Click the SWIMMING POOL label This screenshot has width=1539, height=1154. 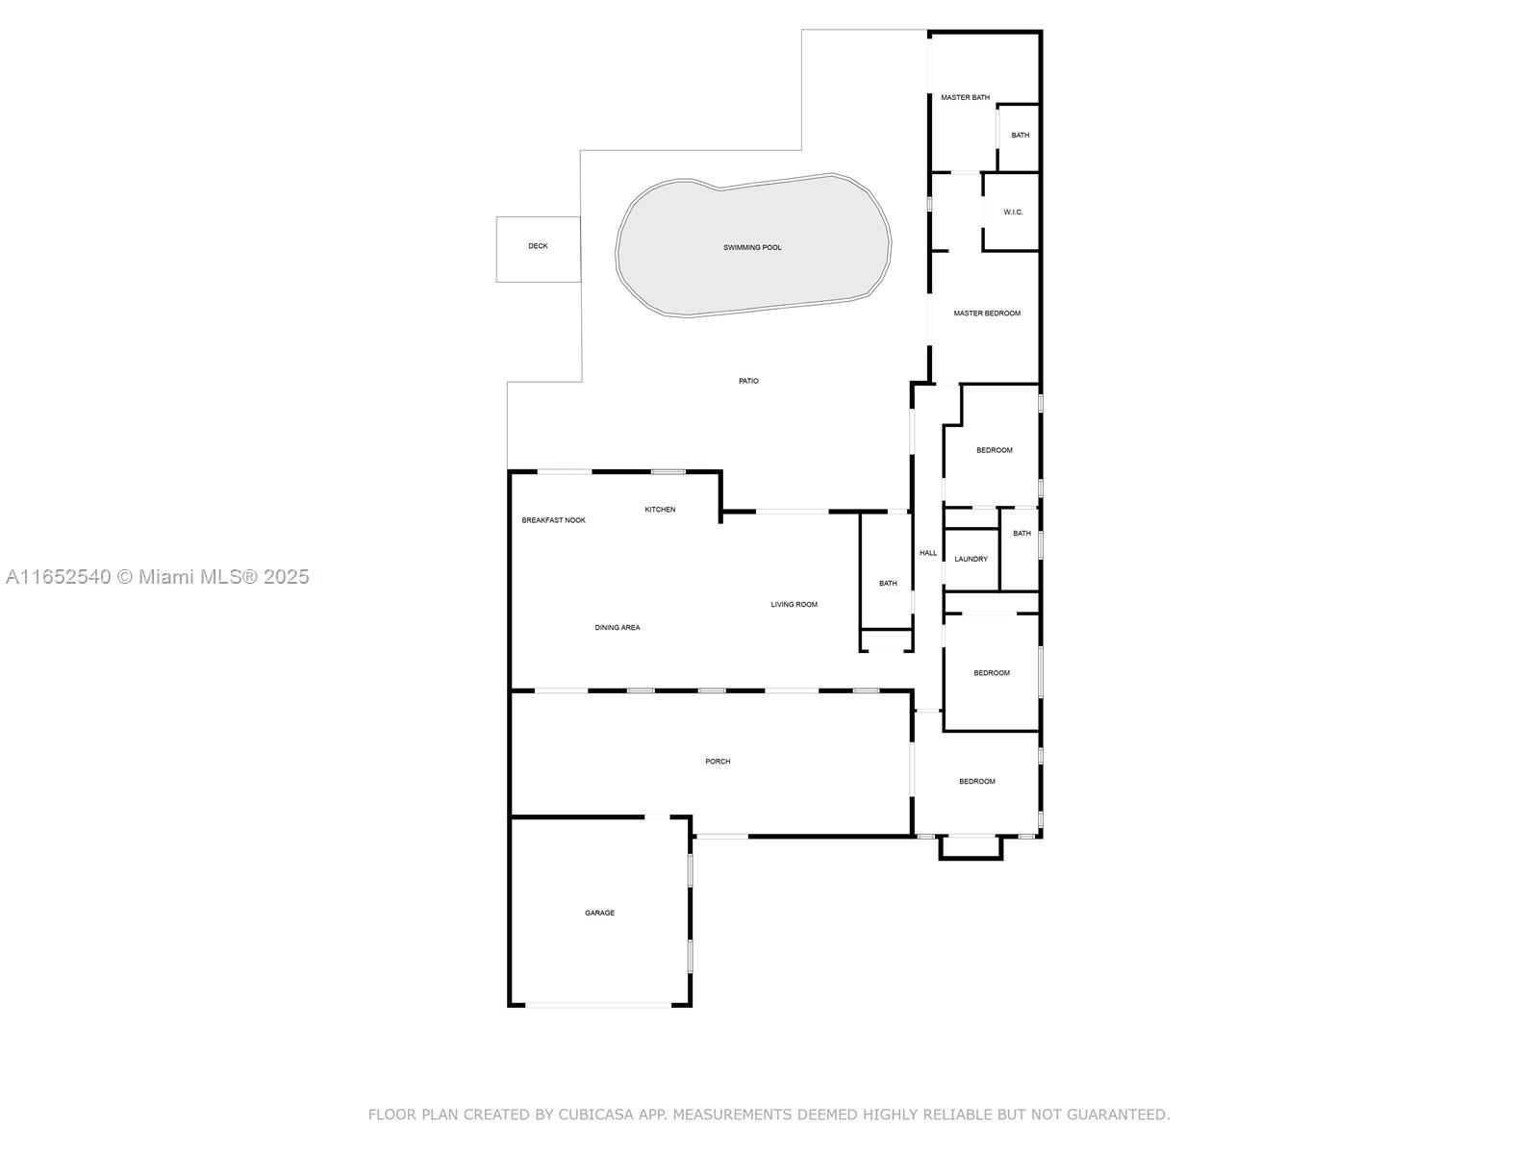pyautogui.click(x=751, y=247)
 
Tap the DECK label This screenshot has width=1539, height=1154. pyautogui.click(x=538, y=246)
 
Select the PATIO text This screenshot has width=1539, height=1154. pyautogui.click(x=748, y=381)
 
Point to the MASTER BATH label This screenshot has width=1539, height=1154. pyautogui.click(x=965, y=97)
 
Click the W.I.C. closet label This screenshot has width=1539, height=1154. pyautogui.click(x=1013, y=213)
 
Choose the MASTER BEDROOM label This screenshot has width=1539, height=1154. pyautogui.click(x=987, y=314)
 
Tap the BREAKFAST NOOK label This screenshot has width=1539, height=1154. pyautogui.click(x=553, y=520)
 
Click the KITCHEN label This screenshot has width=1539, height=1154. pyautogui.click(x=660, y=510)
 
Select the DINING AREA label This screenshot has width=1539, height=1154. pyautogui.click(x=617, y=628)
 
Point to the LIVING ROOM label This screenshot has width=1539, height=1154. pyautogui.click(x=794, y=605)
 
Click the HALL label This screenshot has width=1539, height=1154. pyautogui.click(x=928, y=553)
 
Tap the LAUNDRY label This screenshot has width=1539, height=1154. pyautogui.click(x=971, y=559)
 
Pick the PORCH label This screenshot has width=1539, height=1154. pyautogui.click(x=718, y=761)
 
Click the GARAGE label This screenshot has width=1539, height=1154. pyautogui.click(x=599, y=913)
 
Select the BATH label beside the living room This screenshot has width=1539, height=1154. pyautogui.click(x=888, y=583)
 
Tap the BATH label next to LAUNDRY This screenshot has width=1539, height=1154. pyautogui.click(x=1022, y=533)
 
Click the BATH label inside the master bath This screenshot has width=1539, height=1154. pyautogui.click(x=1021, y=136)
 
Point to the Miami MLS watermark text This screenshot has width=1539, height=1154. pyautogui.click(x=157, y=577)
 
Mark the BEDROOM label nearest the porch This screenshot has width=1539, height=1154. pyautogui.click(x=976, y=781)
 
